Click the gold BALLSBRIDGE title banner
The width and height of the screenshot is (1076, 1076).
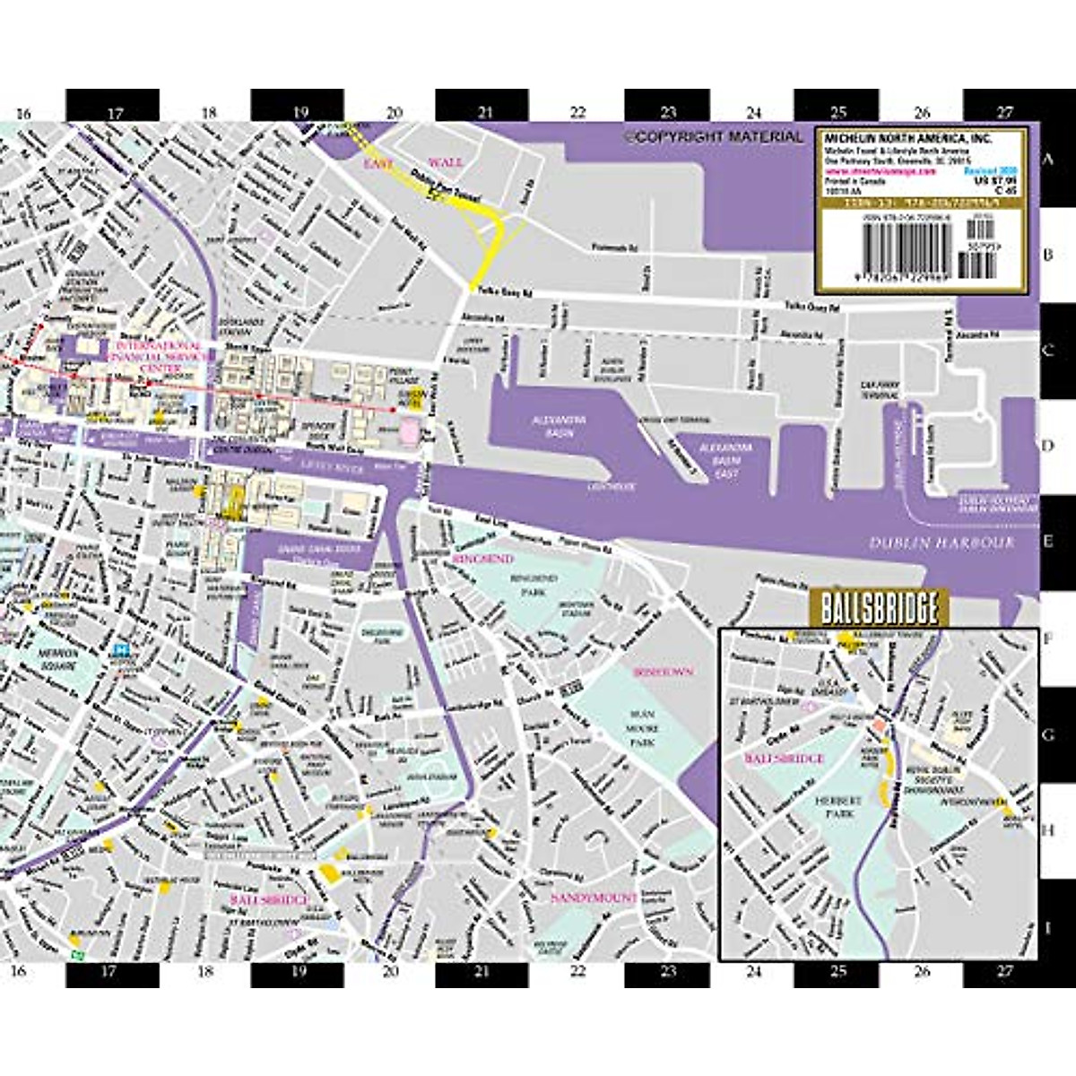pos(874,610)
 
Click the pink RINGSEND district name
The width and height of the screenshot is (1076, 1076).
pos(483,559)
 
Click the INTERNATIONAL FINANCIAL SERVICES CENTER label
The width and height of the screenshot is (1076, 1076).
pos(154,355)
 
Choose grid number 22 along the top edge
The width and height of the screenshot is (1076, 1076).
pos(576,113)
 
